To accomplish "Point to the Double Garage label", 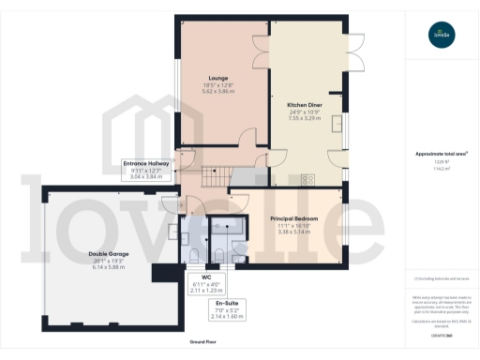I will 109,254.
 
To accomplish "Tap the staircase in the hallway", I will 214,174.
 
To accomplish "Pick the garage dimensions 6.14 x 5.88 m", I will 109,267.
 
